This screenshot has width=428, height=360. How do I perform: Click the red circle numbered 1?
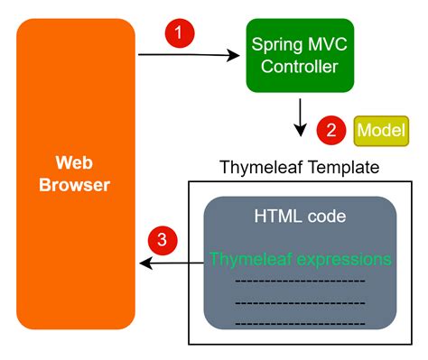point(181,34)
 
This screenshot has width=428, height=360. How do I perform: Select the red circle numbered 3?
point(162,240)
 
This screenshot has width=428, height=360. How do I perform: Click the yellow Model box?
point(381,130)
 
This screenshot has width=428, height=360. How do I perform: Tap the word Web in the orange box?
point(75,164)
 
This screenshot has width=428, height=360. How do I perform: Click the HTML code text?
point(300,218)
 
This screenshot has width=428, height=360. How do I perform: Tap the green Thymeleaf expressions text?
point(300,260)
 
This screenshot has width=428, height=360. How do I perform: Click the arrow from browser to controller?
point(190,56)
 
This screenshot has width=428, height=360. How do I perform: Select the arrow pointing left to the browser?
point(167,263)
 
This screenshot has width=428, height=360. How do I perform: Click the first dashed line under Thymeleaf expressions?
point(300,281)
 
